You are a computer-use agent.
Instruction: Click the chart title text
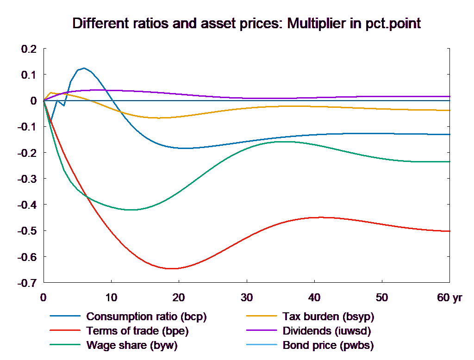tap(246, 24)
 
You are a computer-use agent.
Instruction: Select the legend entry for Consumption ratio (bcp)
tap(146, 317)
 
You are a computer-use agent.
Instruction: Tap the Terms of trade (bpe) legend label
tap(137, 331)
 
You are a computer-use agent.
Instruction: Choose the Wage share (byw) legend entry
tap(132, 345)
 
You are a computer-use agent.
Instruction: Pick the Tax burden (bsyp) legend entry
tap(328, 317)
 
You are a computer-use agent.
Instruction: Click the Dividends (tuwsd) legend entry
tap(327, 331)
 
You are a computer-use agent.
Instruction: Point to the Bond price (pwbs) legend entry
tap(328, 345)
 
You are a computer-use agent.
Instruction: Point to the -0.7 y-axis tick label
tap(27, 283)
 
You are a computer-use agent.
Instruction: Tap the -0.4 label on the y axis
tap(27, 205)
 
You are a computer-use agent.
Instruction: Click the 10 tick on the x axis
tap(111, 298)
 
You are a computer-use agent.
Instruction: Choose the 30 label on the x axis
tap(246, 298)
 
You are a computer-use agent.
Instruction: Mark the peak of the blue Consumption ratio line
tap(84, 68)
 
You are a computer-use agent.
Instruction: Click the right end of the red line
tap(450, 231)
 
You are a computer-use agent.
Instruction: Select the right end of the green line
tap(450, 161)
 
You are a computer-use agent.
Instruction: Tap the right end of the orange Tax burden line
tap(450, 110)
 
